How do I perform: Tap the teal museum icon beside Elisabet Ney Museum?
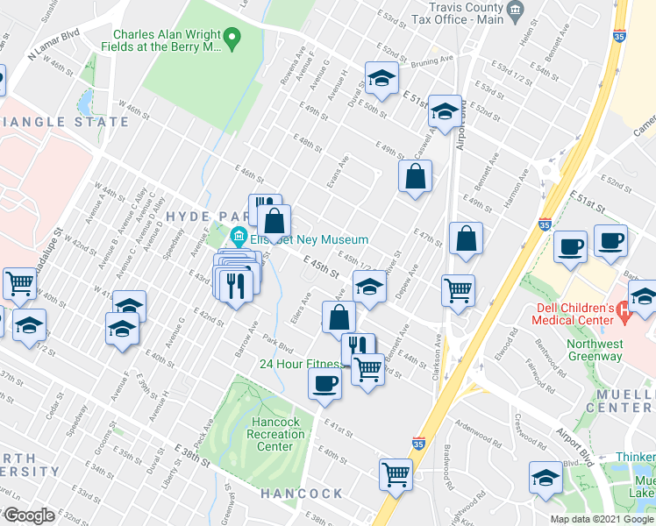pyautogui.click(x=238, y=238)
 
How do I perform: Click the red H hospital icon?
pyautogui.click(x=624, y=309)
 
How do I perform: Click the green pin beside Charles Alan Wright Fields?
pyautogui.click(x=232, y=37)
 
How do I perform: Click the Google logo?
pyautogui.click(x=30, y=515)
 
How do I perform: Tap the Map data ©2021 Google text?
pyautogui.click(x=603, y=519)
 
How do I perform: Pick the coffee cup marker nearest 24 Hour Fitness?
pyautogui.click(x=325, y=383)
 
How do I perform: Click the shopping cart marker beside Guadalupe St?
pyautogui.click(x=19, y=284)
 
